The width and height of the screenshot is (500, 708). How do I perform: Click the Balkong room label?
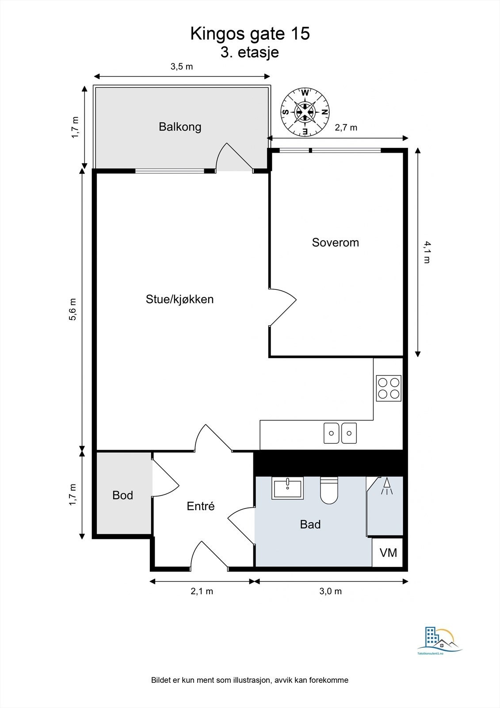pyautogui.click(x=180, y=127)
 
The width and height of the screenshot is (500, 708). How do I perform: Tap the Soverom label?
pyautogui.click(x=335, y=242)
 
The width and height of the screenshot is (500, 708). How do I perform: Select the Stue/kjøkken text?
pyautogui.click(x=179, y=299)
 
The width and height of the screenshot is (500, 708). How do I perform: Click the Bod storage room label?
pyautogui.click(x=122, y=495)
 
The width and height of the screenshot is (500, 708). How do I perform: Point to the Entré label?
pyautogui.click(x=200, y=506)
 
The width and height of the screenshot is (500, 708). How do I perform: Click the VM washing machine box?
pyautogui.click(x=388, y=553)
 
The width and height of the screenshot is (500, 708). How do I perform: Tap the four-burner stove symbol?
pyautogui.click(x=389, y=388)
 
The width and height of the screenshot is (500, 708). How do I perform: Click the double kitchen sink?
pyautogui.click(x=340, y=433)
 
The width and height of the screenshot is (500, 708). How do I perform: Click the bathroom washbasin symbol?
pyautogui.click(x=288, y=488)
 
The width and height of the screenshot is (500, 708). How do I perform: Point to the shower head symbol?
pyautogui.click(x=387, y=486)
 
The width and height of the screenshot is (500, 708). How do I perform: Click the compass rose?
pyautogui.click(x=305, y=112)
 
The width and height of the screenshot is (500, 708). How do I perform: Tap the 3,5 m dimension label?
pyautogui.click(x=182, y=67)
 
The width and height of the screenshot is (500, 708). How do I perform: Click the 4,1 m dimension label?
pyautogui.click(x=427, y=252)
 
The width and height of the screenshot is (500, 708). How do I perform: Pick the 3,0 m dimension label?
pyautogui.click(x=330, y=591)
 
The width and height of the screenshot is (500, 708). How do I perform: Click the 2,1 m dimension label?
pyautogui.click(x=202, y=591)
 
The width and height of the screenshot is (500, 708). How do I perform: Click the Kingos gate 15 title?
pyautogui.click(x=250, y=34)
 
